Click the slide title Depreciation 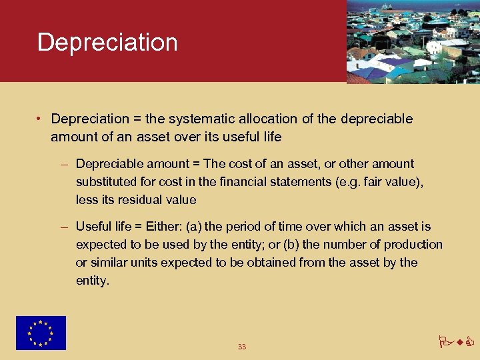pyautogui.click(x=107, y=42)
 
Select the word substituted pyautogui.click(x=107, y=181)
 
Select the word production pyautogui.click(x=412, y=245)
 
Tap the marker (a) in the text pyautogui.click(x=196, y=227)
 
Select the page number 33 pyautogui.click(x=241, y=347)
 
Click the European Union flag pyautogui.click(x=41, y=333)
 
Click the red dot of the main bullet pyautogui.click(x=41, y=119)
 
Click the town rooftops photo pyautogui.click(x=413, y=41)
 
